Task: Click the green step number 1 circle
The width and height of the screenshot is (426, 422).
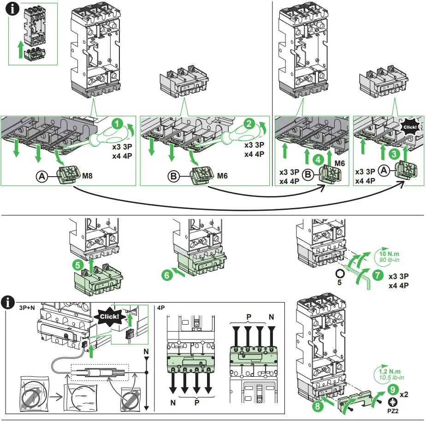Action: pos(118,124)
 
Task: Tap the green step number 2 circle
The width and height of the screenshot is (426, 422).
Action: pos(249,123)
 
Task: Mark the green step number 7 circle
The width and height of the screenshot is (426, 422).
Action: pos(377,275)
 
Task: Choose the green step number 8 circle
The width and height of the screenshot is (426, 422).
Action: pos(317,406)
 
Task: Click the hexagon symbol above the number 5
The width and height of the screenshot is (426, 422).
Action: pos(339,272)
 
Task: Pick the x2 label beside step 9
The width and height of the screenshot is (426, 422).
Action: pos(404,394)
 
